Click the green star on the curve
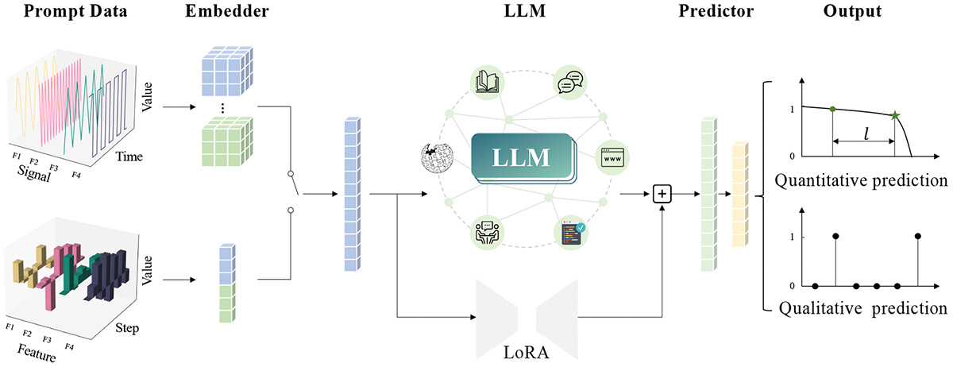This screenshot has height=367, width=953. pos(895,118)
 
